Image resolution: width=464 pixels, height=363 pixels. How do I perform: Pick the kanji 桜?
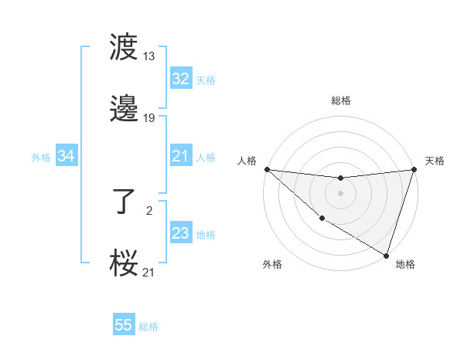click(125, 263)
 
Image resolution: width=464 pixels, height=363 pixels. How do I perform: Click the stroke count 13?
click(149, 56)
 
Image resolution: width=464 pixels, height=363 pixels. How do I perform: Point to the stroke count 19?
click(149, 118)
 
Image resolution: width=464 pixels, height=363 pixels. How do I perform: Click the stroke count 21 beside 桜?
click(149, 271)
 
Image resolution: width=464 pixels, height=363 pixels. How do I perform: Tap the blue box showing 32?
click(180, 79)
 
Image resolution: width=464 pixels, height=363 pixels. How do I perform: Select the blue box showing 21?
click(180, 156)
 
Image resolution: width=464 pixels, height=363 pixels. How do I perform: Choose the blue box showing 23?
click(180, 233)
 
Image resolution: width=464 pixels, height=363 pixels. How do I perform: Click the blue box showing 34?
click(67, 156)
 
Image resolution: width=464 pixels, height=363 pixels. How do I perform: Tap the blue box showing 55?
click(124, 325)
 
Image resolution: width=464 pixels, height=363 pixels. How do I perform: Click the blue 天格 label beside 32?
click(206, 80)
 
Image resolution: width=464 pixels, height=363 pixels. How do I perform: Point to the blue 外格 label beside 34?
click(41, 157)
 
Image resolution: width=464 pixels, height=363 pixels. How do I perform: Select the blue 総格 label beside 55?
click(148, 326)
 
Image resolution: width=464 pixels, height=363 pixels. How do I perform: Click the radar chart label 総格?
click(341, 100)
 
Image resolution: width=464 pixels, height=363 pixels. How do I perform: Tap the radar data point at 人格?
click(267, 169)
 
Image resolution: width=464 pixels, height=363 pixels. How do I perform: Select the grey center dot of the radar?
click(341, 193)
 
